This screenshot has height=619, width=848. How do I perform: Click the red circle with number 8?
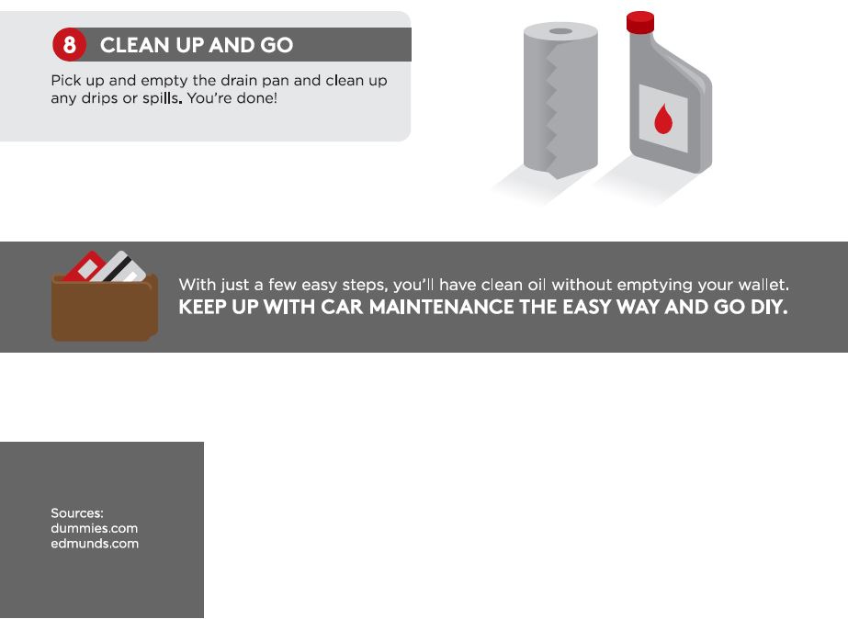[69, 45]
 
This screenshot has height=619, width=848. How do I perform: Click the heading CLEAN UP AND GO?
[196, 45]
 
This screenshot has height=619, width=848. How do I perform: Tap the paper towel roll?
[560, 101]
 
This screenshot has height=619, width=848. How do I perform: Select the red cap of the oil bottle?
[639, 22]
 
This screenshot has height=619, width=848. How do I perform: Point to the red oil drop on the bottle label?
[662, 118]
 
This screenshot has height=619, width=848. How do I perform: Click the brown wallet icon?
[103, 308]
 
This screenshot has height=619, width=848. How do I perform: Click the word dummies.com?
[94, 528]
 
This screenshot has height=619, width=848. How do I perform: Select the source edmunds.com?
[95, 543]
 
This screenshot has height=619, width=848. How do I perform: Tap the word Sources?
[77, 513]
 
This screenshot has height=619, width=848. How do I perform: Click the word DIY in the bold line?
[768, 308]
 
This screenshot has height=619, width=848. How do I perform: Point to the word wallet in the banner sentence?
[763, 285]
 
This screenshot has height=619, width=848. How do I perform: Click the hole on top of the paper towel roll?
[560, 31]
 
